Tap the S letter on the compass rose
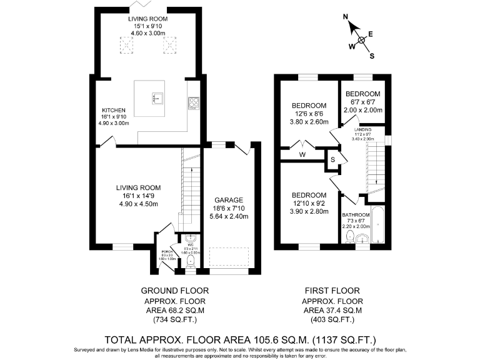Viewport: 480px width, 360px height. (372, 55)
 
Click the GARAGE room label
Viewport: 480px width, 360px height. (228, 201)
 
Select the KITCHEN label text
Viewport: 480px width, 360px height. (114, 109)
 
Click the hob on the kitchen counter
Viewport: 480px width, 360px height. (193, 102)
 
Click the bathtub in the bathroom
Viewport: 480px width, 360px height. (377, 226)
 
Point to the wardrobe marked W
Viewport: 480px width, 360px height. (302, 154)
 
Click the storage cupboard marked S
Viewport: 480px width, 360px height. (332, 160)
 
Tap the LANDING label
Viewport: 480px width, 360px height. (363, 129)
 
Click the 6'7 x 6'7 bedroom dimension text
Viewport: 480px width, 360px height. (363, 101)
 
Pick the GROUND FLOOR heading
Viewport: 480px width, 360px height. (174, 291)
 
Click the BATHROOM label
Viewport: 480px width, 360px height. (357, 214)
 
